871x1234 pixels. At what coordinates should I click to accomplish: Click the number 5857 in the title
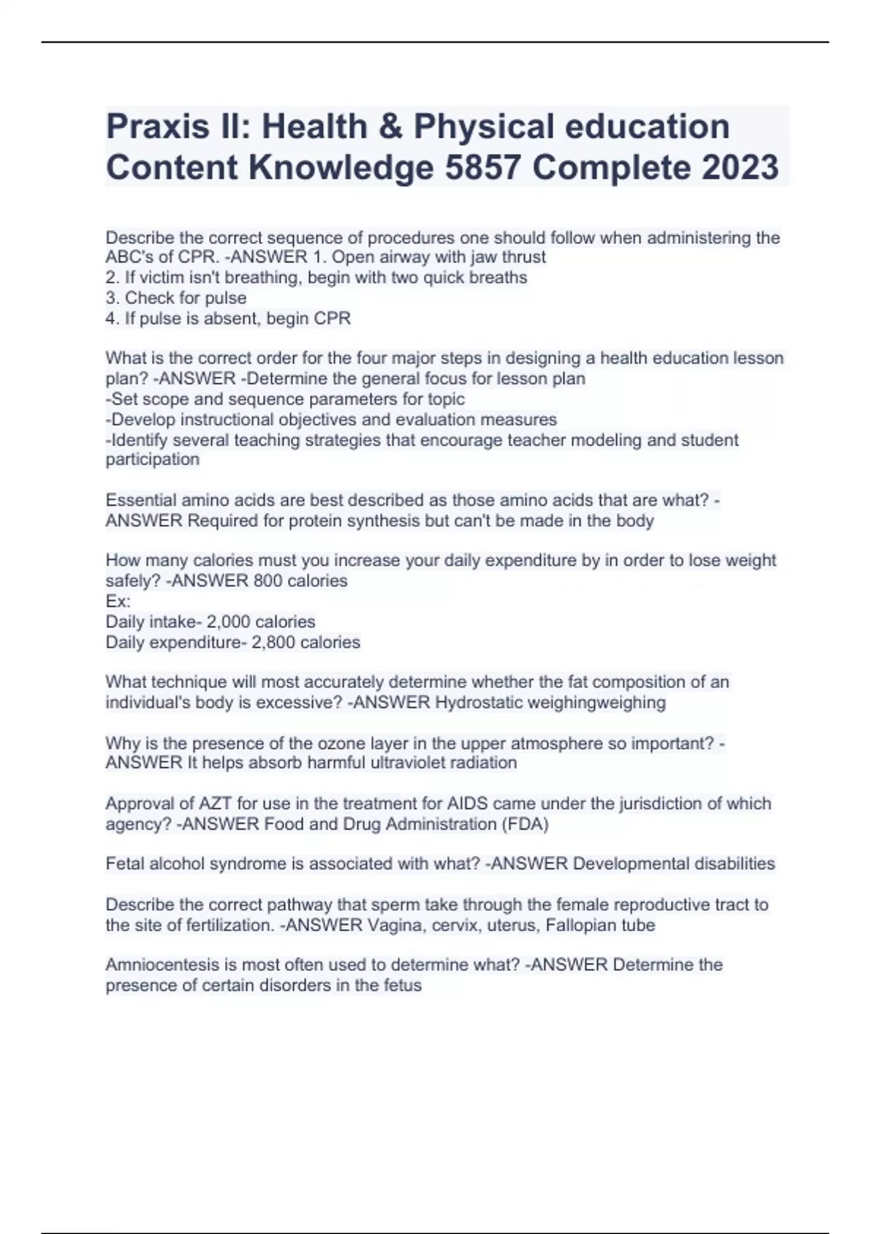pyautogui.click(x=482, y=168)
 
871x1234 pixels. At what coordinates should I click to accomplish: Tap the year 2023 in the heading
pyautogui.click(x=740, y=168)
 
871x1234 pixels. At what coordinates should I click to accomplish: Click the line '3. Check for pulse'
pyautogui.click(x=176, y=298)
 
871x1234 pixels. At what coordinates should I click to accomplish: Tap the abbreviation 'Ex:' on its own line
pyautogui.click(x=118, y=601)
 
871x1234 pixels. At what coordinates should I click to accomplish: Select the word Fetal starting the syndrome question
pyautogui.click(x=125, y=864)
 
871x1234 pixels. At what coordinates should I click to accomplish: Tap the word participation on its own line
pyautogui.click(x=152, y=459)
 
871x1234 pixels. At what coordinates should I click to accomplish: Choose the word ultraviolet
pyautogui.click(x=406, y=763)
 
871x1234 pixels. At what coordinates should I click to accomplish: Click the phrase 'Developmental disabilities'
pyautogui.click(x=674, y=864)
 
